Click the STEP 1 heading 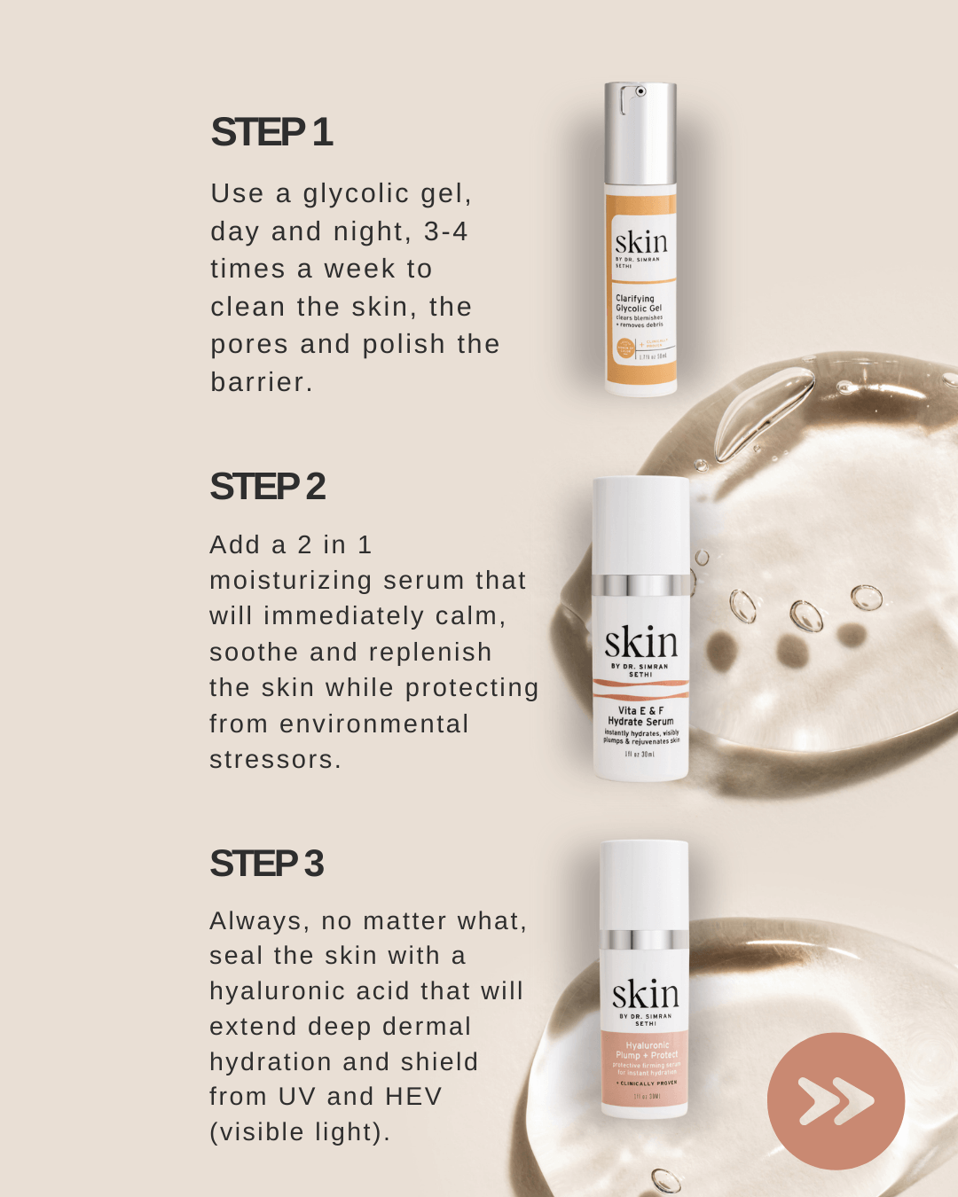pos(271,132)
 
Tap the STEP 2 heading pos(267,487)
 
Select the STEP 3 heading pos(266,864)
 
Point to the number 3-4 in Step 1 pos(445,231)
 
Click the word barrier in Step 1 pos(261,382)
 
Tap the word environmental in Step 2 pos(373,724)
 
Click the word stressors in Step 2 pos(274,760)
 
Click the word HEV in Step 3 pos(412,1097)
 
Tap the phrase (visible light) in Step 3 pos(299,1132)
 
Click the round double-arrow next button pos(836,1101)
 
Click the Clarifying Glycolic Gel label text pos(639,304)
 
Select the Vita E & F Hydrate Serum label pos(640,716)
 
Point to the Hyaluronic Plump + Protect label pos(646,1051)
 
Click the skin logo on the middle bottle pos(640,642)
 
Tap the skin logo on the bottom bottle pos(645,994)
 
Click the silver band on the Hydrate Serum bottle pos(640,585)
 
